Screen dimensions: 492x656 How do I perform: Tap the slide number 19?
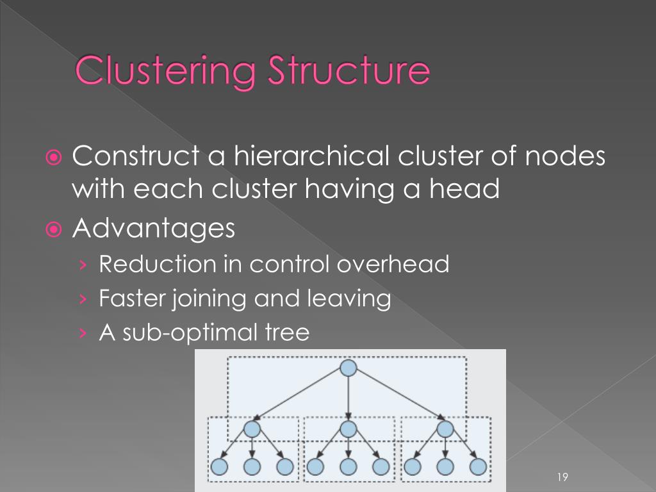tap(563, 477)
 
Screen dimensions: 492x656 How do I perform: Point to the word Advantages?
tap(154, 229)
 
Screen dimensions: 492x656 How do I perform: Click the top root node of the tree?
tap(348, 368)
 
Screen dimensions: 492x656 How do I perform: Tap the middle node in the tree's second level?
tap(348, 428)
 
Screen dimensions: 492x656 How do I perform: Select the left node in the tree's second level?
tap(252, 428)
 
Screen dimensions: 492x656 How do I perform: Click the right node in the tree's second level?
tap(444, 428)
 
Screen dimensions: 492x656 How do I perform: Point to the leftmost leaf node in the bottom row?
tap(219, 466)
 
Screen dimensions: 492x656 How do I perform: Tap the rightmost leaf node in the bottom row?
tap(477, 466)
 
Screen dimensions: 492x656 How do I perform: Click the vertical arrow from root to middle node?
tap(348, 397)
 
